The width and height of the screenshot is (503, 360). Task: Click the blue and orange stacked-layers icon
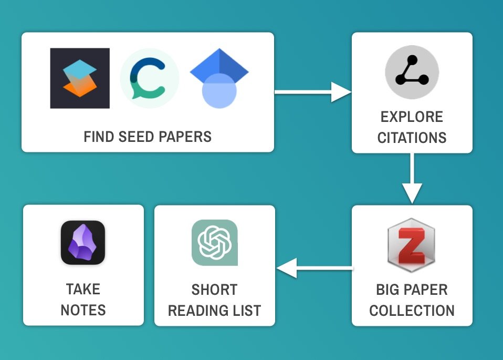(x=80, y=78)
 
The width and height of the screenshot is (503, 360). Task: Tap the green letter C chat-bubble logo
(x=150, y=78)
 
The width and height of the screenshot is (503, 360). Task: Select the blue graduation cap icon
(x=219, y=78)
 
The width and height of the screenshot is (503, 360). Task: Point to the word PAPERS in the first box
(x=187, y=137)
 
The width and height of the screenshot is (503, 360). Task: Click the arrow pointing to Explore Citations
(x=313, y=92)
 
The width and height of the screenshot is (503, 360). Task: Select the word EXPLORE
(x=412, y=117)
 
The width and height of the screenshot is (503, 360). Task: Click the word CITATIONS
(x=412, y=138)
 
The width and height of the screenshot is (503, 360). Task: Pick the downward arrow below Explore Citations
(x=412, y=179)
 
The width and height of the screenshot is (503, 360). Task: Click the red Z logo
(x=411, y=245)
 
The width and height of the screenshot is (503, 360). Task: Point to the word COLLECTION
(x=412, y=311)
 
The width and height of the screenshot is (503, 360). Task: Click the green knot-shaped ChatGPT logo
(x=214, y=242)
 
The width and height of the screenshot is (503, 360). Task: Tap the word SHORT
(x=214, y=290)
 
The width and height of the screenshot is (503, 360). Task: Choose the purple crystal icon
(x=83, y=242)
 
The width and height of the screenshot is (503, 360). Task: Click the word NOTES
(x=83, y=310)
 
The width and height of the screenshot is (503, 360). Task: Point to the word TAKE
(x=83, y=289)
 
